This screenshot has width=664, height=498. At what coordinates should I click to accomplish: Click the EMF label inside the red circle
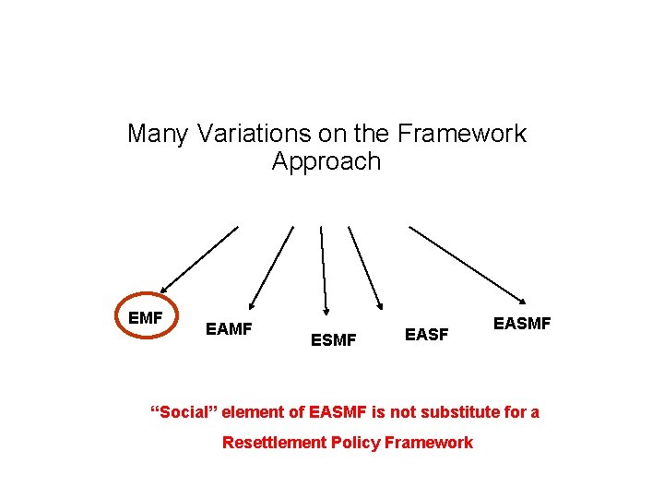tap(146, 318)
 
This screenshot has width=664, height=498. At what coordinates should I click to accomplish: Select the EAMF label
tap(229, 328)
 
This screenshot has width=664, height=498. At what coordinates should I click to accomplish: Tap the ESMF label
tap(333, 340)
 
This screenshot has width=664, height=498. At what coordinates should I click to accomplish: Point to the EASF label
tap(427, 334)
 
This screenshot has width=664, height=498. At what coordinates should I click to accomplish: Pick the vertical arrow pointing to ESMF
tap(323, 267)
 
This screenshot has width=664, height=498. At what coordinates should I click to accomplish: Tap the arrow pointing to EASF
tap(364, 266)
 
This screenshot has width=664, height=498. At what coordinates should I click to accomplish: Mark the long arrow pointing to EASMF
tap(468, 264)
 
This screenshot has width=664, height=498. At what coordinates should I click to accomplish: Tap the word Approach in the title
tap(326, 161)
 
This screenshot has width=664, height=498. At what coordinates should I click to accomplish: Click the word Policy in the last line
tap(356, 443)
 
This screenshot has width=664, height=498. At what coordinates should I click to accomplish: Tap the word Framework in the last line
tap(429, 443)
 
